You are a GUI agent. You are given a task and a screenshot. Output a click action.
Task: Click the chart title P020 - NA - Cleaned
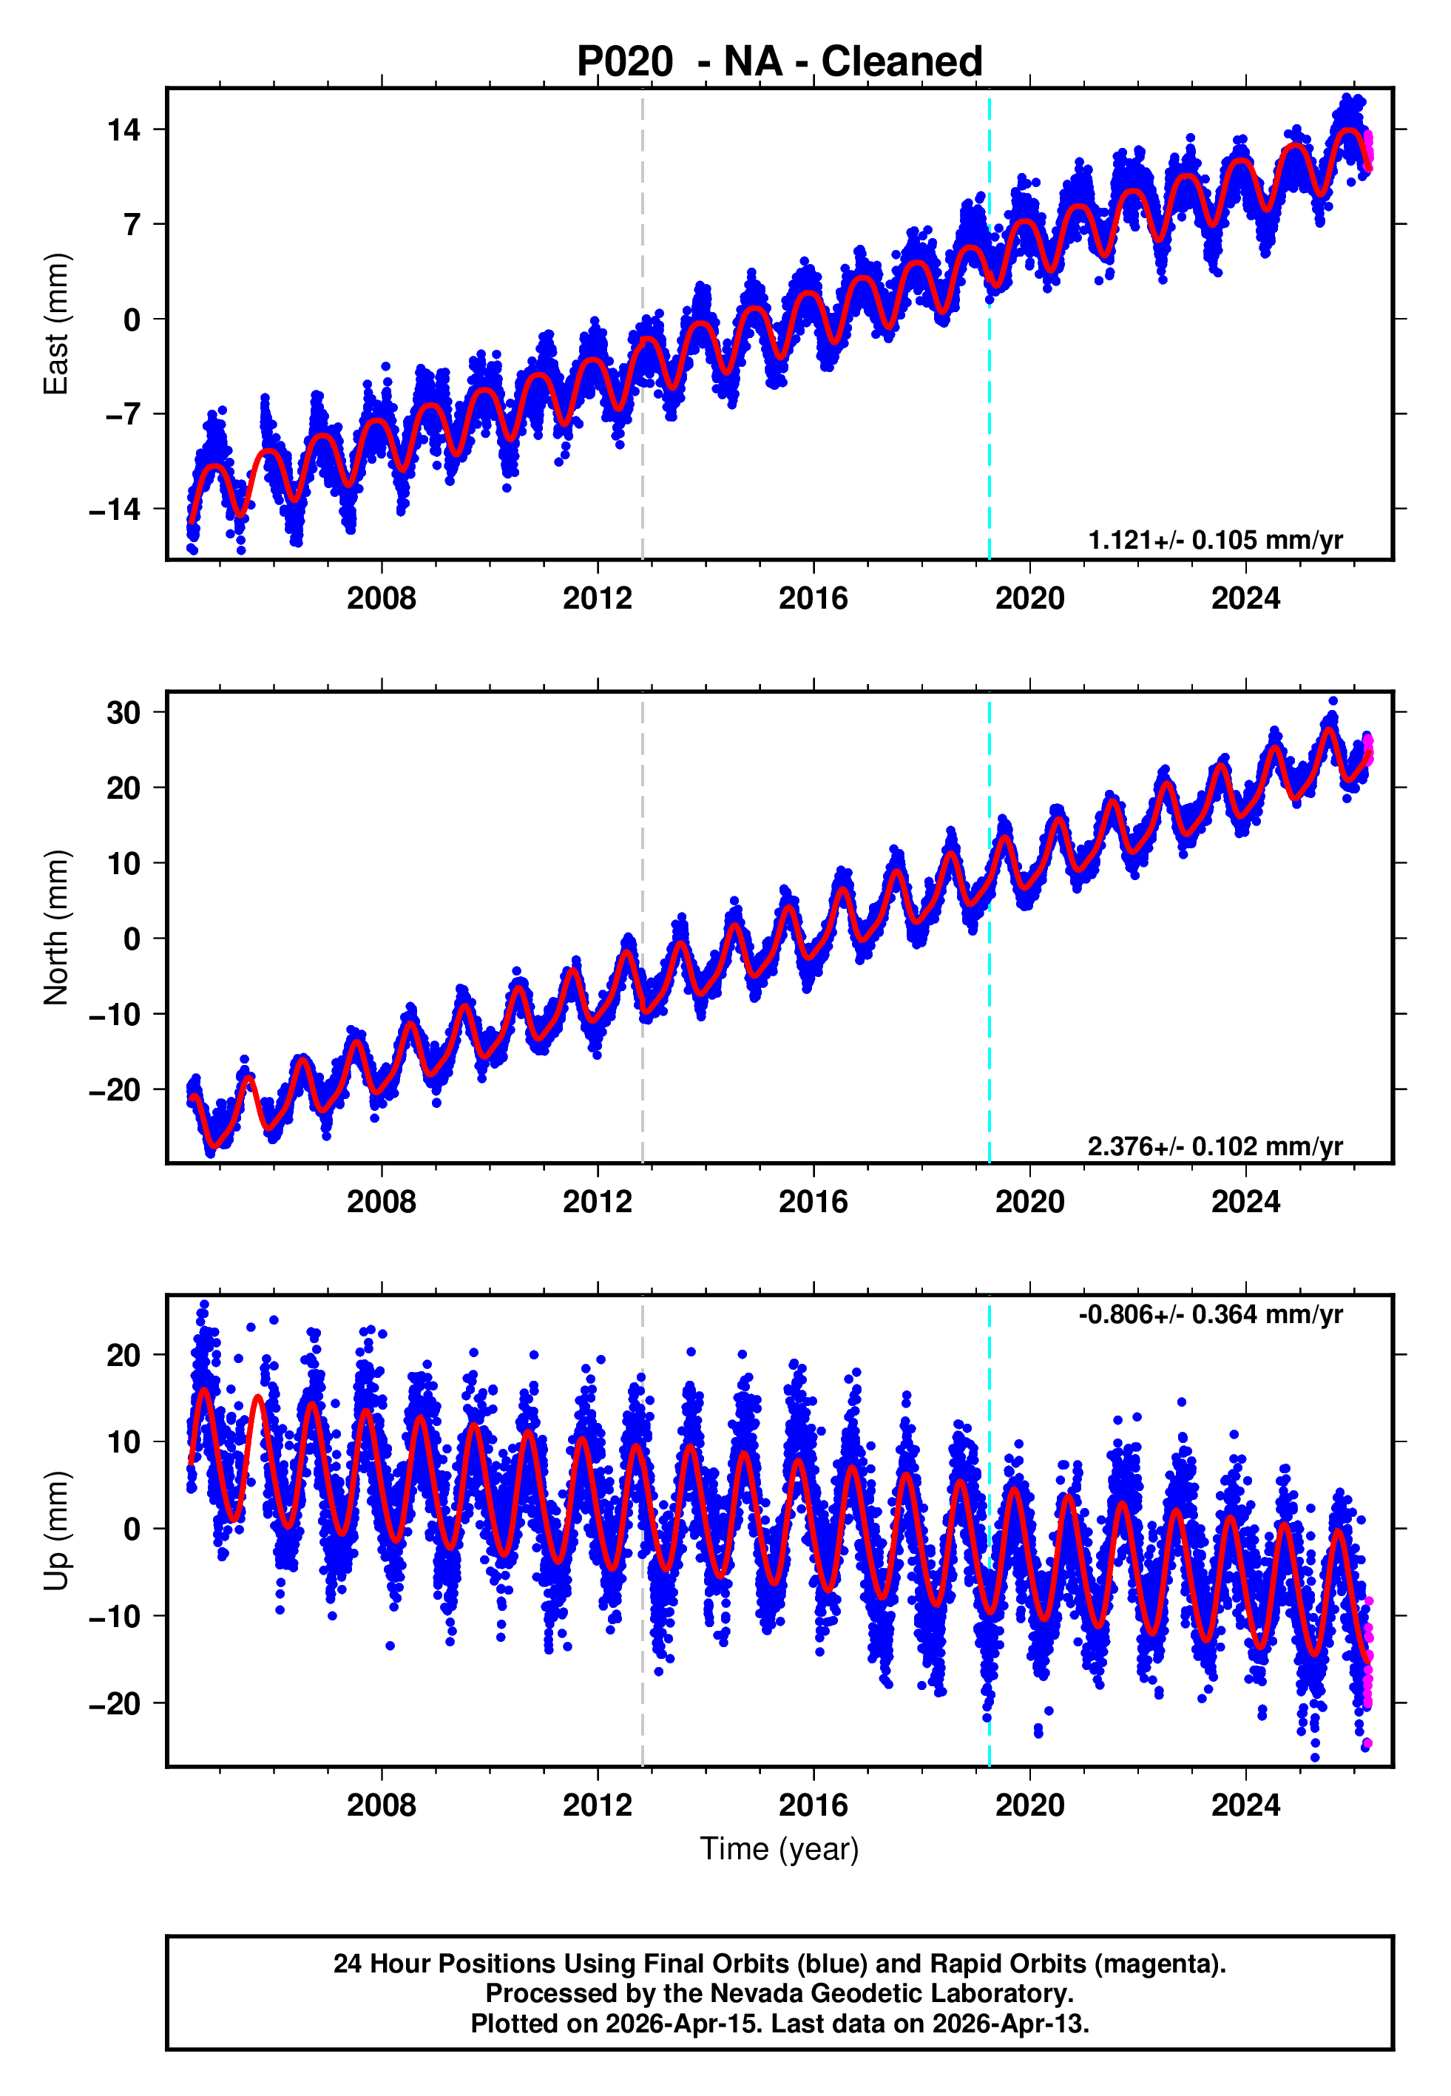coord(779,62)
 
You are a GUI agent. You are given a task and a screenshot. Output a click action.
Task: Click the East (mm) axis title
coord(56,325)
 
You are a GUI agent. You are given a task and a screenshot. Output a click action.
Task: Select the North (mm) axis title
coord(56,927)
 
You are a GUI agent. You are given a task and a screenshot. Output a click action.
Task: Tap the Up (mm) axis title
coord(56,1531)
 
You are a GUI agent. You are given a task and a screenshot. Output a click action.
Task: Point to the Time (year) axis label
coord(779,1849)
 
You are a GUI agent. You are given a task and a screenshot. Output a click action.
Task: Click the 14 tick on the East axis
coord(124,130)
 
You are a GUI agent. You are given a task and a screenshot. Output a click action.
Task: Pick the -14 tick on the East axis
coord(115,509)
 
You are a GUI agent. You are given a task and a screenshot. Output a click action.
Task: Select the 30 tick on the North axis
coord(124,713)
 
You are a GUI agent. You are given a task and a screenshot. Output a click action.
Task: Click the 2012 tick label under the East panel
coord(598,598)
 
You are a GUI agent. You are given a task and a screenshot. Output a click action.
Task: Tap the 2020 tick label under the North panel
coord(1029,1202)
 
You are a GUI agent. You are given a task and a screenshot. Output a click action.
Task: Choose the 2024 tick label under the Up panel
coord(1245,1805)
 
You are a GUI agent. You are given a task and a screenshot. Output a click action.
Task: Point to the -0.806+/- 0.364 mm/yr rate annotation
coord(1210,1314)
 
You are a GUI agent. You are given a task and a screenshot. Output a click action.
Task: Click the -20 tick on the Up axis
coord(115,1703)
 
